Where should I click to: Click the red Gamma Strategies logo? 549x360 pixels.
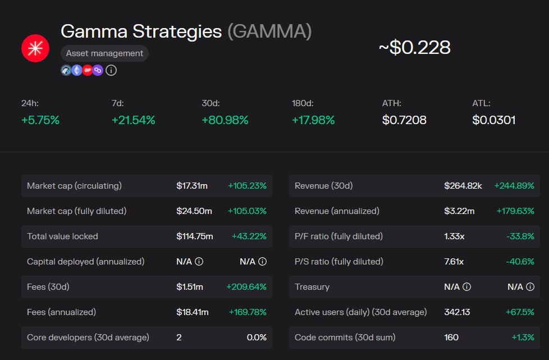(35, 48)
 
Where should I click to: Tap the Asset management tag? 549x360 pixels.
(104, 53)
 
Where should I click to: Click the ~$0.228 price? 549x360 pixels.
(414, 48)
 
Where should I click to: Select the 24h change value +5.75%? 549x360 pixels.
(40, 120)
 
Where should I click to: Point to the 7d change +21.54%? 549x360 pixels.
(133, 120)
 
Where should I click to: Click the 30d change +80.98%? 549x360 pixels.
(225, 120)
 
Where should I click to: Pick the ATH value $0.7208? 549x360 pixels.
(404, 120)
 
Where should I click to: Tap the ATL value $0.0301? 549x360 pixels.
(494, 120)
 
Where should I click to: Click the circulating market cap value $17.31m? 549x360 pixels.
(194, 186)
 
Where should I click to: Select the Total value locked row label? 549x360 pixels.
(62, 236)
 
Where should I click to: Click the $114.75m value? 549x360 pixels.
(195, 236)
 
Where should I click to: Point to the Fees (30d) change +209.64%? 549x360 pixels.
(246, 287)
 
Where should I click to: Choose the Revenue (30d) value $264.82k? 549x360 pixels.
(463, 186)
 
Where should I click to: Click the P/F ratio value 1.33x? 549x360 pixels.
(454, 236)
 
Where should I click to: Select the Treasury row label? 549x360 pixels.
(312, 287)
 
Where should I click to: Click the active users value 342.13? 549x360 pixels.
(457, 312)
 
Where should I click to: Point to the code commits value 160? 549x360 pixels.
(451, 338)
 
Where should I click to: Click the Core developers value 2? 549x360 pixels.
(179, 338)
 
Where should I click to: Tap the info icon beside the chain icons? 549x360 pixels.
(111, 70)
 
